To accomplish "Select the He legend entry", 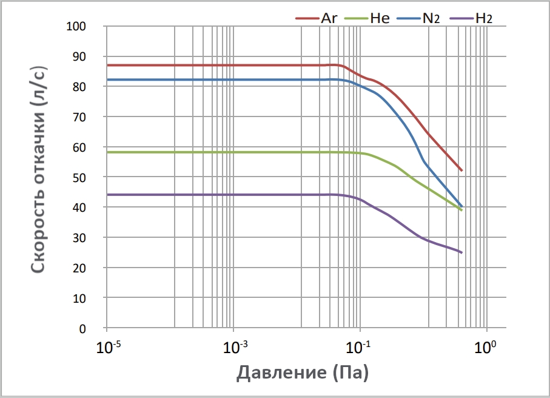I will tap(369, 18).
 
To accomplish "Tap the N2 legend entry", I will tap(419, 18).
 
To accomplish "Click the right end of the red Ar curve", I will tap(462, 170).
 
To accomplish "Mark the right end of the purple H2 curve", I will tap(462, 252).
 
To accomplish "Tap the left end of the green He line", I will tap(107, 152).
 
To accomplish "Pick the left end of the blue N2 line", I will tap(107, 79).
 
